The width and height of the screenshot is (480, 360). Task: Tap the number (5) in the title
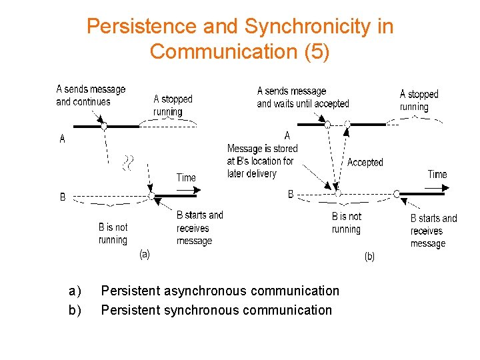(x=316, y=51)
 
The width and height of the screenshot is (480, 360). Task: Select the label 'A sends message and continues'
(x=91, y=95)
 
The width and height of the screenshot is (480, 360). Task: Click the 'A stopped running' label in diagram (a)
(x=173, y=105)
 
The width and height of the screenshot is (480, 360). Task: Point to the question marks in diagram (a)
(x=129, y=161)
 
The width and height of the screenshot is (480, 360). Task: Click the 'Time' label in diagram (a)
(x=186, y=177)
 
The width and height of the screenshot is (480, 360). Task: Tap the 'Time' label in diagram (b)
(x=437, y=174)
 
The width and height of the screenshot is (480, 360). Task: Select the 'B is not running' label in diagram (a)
(x=113, y=233)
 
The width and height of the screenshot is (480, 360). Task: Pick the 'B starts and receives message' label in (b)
(x=433, y=231)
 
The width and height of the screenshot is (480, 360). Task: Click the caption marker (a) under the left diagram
(x=144, y=253)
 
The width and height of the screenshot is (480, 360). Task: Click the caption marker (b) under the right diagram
(x=369, y=256)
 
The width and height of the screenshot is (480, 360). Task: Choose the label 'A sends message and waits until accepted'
(x=303, y=97)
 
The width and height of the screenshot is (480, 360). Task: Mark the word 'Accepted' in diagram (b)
(x=365, y=162)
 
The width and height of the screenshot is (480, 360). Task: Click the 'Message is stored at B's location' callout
(x=262, y=161)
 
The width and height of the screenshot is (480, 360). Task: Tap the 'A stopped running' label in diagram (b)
(x=419, y=101)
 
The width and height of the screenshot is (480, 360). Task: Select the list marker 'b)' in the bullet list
(x=75, y=310)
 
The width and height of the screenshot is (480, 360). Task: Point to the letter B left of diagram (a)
(x=63, y=197)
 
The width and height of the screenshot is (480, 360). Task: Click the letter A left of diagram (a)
(x=63, y=139)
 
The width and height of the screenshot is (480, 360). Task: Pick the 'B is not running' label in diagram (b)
(x=346, y=223)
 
